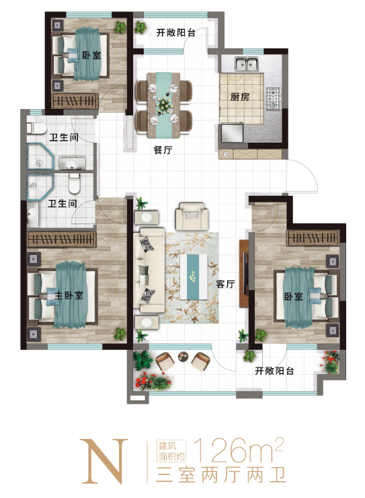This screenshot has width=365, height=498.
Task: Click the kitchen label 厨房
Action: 240,96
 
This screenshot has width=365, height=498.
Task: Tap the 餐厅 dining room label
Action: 163,149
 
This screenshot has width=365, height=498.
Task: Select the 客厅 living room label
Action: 225,283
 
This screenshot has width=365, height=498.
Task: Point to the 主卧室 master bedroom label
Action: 69,295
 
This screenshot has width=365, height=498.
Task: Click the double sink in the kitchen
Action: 247,63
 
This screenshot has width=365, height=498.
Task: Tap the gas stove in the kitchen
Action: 274,98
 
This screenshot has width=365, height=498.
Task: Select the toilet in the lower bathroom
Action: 74,184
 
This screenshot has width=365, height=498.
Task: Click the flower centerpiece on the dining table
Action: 163,103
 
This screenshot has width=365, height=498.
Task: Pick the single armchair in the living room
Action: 192,217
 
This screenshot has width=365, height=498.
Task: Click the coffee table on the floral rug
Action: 194,277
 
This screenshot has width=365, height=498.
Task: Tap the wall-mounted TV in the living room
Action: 245,273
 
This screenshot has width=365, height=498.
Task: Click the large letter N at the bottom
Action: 104,461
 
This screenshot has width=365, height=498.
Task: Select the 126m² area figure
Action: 239,450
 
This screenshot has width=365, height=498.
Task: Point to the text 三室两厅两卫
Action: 221,475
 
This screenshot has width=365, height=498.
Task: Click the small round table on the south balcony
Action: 183,357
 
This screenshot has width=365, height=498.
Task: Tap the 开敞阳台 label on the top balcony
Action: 175,32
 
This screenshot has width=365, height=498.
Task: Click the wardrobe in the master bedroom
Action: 62,239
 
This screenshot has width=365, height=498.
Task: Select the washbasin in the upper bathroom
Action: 73,164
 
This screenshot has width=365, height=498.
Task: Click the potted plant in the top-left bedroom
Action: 120,28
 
